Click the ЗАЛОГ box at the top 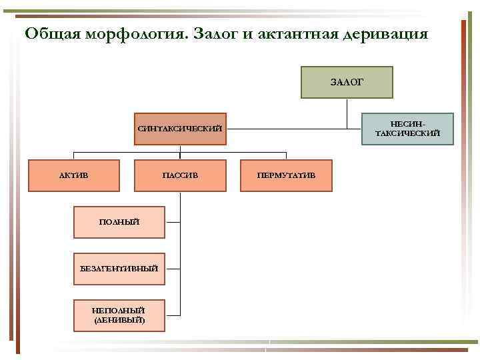tap(347, 82)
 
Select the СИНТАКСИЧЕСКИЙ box tap(179, 128)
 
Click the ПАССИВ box tap(180, 175)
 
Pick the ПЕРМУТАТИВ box tap(285, 175)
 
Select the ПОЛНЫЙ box tap(119, 221)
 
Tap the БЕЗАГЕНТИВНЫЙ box tap(119, 268)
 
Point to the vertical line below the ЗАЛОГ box tap(347, 112)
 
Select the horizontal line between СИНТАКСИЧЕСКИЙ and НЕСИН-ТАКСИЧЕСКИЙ tap(293, 128)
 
